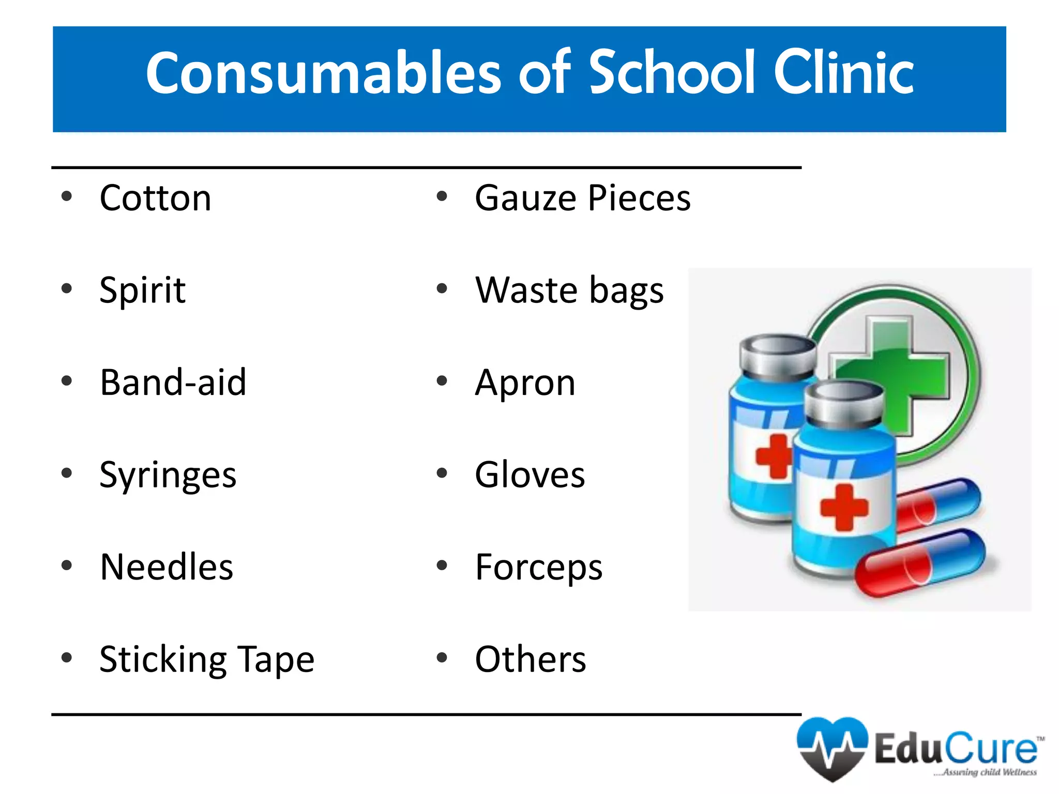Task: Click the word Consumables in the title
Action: coord(323,73)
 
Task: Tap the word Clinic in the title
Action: coord(843,73)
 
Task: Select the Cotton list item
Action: coord(156,198)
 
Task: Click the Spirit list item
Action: coord(143,291)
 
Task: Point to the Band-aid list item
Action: coord(173,383)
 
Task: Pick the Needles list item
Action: coord(167,568)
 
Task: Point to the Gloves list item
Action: coord(530,475)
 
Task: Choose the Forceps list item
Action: coord(539,568)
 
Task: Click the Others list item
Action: coord(531,660)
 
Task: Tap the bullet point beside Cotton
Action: coord(66,197)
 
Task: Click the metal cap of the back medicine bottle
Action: coord(778,357)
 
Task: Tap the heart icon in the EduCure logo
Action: coord(832,747)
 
